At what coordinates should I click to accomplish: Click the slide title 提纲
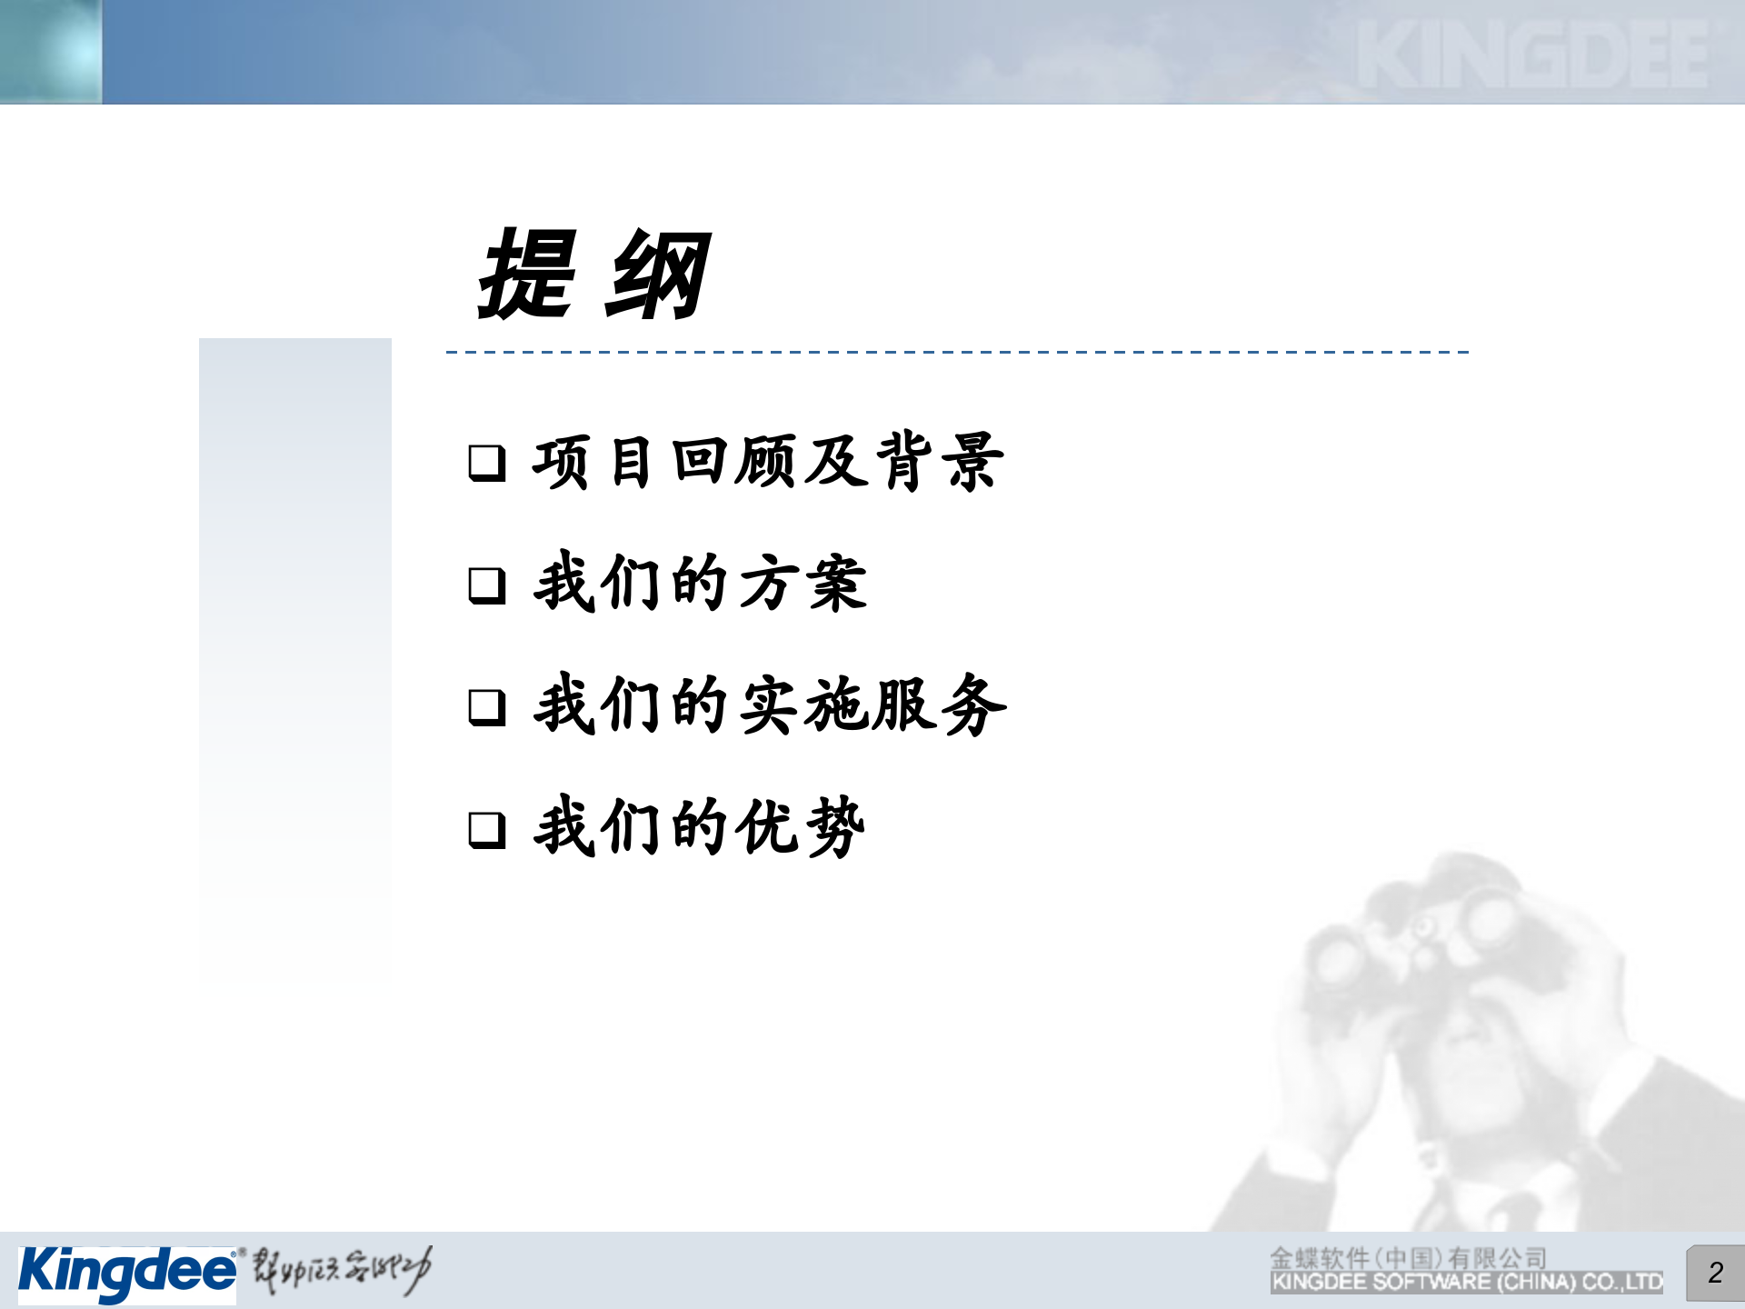click(593, 275)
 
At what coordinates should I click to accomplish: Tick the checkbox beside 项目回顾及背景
click(486, 463)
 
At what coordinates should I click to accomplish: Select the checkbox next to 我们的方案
click(486, 585)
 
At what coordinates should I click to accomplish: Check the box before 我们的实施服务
click(486, 707)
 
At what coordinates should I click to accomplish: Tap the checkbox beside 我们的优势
click(486, 829)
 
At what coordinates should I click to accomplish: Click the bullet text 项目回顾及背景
click(768, 462)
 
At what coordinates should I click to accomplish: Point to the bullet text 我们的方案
click(700, 584)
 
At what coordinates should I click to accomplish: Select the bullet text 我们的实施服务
click(770, 705)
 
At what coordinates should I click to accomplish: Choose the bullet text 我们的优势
click(699, 827)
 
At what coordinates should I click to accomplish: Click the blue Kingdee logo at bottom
click(127, 1273)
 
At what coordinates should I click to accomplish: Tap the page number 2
click(1715, 1273)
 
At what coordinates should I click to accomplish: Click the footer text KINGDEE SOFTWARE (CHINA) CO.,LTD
click(1466, 1283)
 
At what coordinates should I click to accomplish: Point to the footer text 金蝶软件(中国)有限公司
click(1408, 1258)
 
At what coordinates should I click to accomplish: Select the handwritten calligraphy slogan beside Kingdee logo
click(341, 1270)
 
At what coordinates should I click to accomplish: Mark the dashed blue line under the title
click(957, 352)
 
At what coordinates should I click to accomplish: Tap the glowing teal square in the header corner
click(51, 50)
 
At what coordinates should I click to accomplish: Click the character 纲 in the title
click(659, 275)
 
